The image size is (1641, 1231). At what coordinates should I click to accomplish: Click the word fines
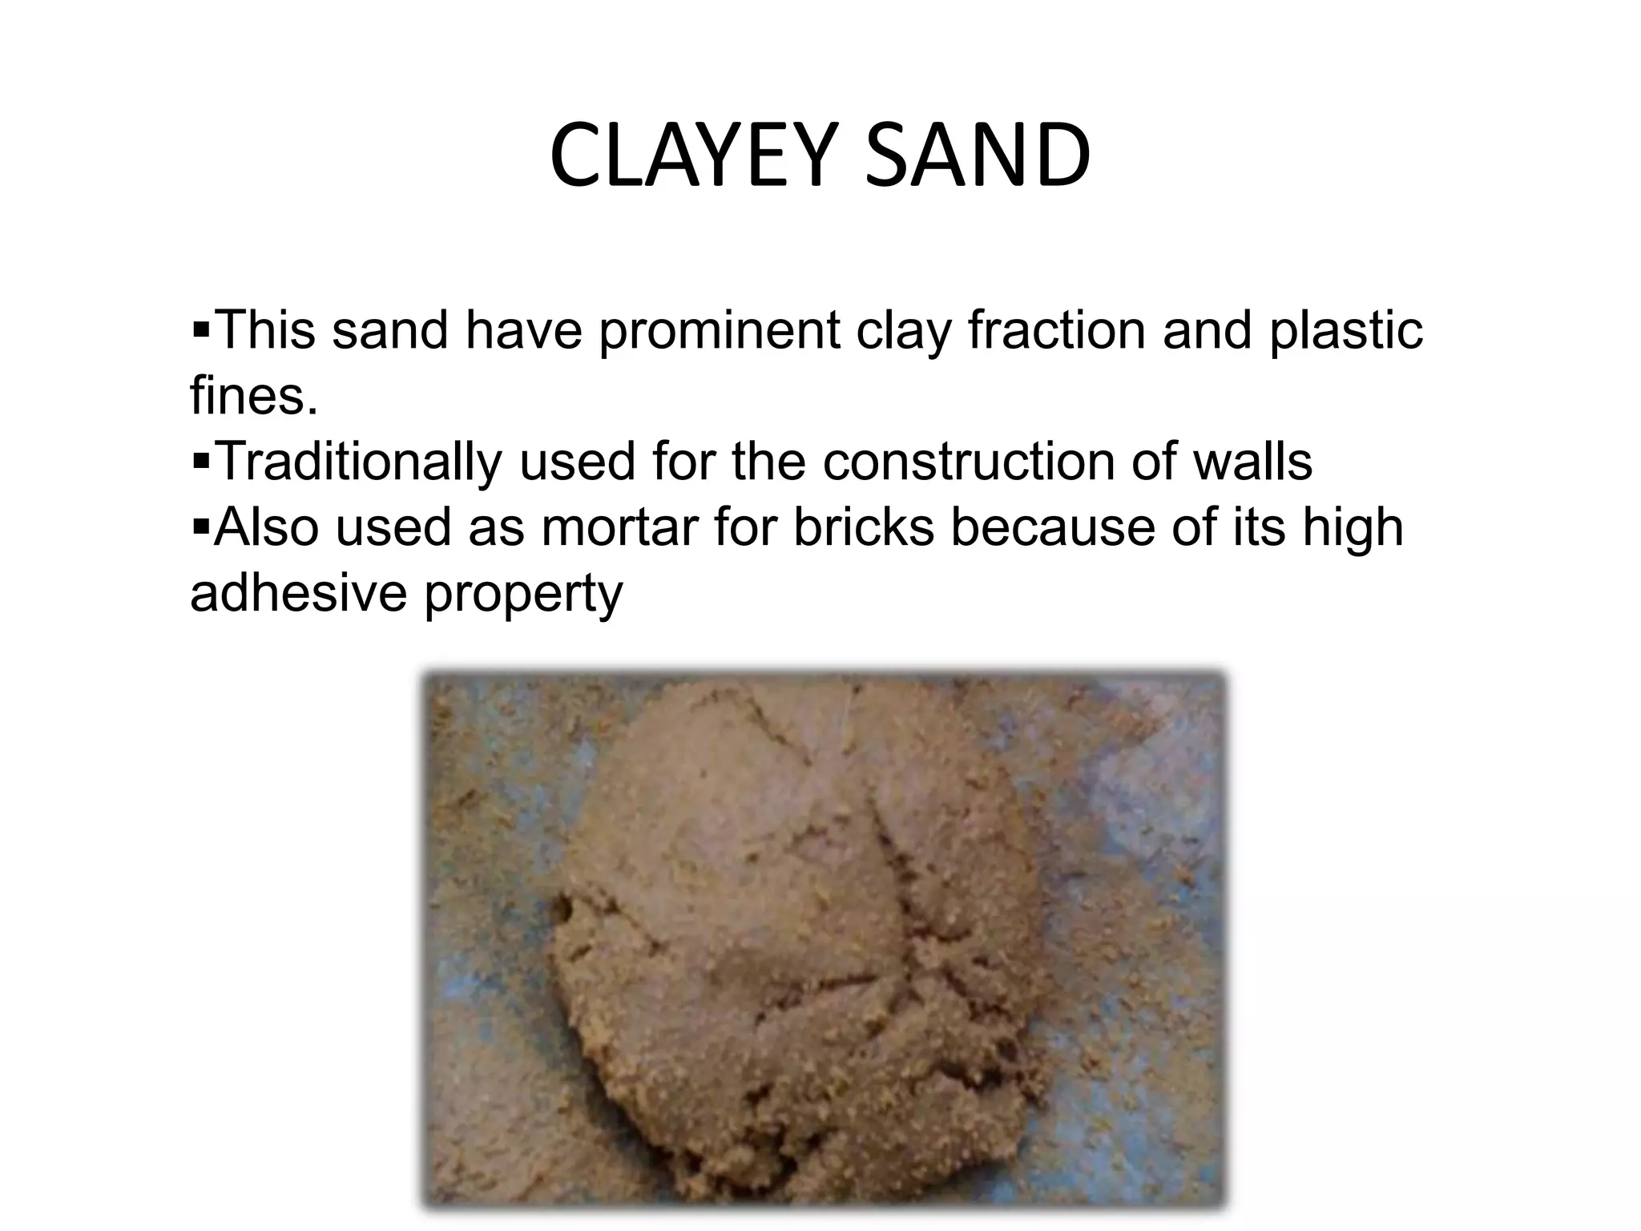253,396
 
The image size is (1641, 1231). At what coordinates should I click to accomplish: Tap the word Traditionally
359,462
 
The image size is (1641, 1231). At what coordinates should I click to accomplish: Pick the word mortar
619,527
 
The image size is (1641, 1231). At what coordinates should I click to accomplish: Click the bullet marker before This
200,329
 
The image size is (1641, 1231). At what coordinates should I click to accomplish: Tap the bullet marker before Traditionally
200,460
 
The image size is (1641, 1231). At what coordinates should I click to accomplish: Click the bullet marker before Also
200,526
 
